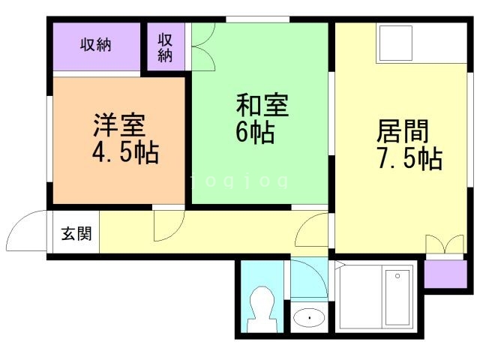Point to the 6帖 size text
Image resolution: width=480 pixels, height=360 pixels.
coord(254,133)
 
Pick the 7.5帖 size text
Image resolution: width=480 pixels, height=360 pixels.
coord(408,159)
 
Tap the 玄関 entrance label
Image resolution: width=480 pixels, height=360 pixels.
coord(76,233)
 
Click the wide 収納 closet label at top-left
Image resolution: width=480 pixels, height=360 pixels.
coord(96,45)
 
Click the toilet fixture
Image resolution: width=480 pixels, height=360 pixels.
coord(262,308)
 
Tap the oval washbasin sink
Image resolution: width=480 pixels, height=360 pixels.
coord(307,318)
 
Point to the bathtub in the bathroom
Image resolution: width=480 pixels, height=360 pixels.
coord(397,298)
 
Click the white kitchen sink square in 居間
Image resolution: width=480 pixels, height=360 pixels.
coord(395,43)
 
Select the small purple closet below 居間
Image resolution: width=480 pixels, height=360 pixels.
coord(437,274)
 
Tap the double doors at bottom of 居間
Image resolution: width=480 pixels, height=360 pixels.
coord(445,245)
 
